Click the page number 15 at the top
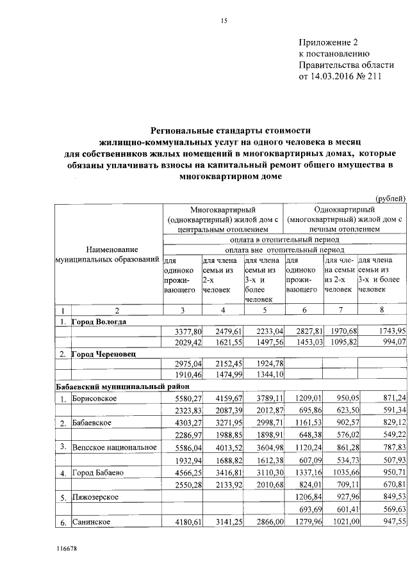tap(224, 21)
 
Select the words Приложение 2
tap(330, 42)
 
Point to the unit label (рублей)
tap(390, 199)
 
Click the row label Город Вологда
tap(99, 321)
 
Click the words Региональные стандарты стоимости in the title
tap(221, 129)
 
